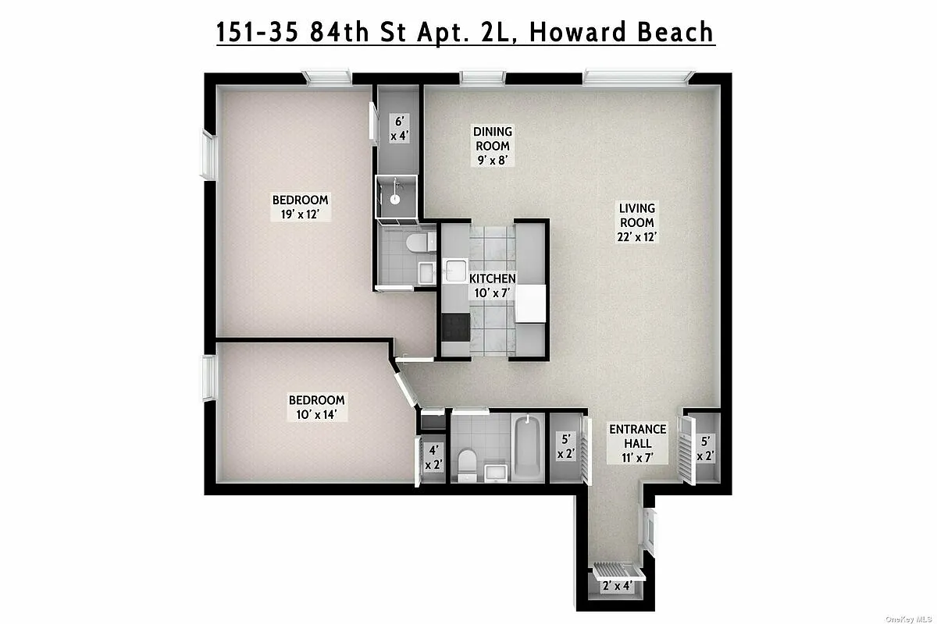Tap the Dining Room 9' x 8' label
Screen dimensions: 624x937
493,146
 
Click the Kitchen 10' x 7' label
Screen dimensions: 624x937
492,285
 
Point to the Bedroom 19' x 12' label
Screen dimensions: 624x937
300,207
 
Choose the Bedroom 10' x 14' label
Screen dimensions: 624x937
316,406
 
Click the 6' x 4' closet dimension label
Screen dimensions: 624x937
399,129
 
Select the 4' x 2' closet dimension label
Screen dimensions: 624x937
433,457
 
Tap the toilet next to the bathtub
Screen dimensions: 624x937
467,463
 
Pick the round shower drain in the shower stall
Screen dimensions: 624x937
395,199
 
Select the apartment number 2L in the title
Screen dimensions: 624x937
489,32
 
